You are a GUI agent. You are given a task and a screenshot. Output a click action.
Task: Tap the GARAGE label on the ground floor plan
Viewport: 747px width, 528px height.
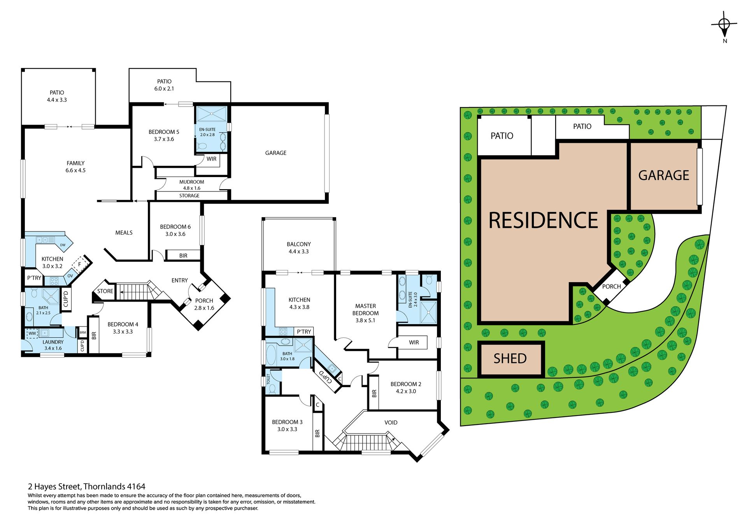[x=275, y=153]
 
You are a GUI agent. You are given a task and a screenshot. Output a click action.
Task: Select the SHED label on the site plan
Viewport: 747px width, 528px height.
[x=510, y=358]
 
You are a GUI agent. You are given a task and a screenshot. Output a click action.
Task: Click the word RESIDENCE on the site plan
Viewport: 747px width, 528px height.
[x=543, y=220]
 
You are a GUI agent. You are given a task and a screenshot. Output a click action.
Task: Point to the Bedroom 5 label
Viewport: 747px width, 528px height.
[x=164, y=135]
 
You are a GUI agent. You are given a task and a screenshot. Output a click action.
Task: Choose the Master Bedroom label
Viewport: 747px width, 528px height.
[x=365, y=313]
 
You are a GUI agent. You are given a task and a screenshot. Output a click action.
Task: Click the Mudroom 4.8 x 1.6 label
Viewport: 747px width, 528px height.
[x=191, y=185]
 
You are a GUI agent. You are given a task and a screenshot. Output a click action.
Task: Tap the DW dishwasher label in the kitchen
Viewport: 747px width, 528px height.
[x=63, y=245]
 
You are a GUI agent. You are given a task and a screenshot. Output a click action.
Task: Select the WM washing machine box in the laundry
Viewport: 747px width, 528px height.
[x=32, y=333]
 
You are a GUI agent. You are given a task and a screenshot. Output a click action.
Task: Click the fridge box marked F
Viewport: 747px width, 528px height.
[x=80, y=264]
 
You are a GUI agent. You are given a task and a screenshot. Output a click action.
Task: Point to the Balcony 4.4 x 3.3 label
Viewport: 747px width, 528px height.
[x=299, y=248]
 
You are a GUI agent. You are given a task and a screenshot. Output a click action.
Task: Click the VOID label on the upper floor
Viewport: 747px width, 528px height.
[x=391, y=423]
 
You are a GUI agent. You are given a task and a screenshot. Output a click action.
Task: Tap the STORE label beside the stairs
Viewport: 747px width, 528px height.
[x=105, y=291]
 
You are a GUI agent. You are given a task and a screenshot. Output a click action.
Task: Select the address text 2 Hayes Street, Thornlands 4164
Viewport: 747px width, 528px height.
[x=86, y=486]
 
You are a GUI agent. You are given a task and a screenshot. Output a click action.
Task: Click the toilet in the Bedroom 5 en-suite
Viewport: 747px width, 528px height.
[x=202, y=146]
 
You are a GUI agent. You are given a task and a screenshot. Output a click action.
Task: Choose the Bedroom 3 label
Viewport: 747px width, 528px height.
[x=287, y=426]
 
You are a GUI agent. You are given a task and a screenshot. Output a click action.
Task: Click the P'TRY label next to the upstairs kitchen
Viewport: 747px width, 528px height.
[x=304, y=332]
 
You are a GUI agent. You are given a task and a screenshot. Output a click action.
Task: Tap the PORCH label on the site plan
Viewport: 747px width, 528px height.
[x=612, y=287]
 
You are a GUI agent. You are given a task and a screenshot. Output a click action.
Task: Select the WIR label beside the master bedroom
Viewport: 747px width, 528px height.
[x=414, y=342]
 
